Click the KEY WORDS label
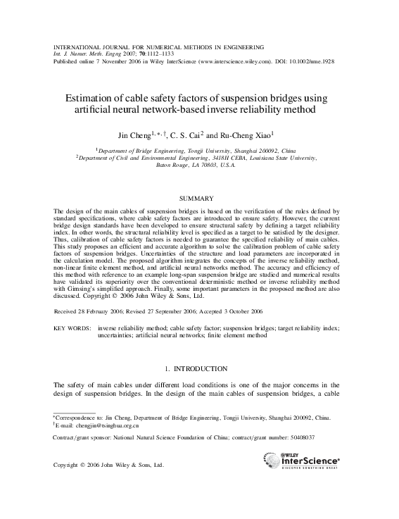pos(72,328)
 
